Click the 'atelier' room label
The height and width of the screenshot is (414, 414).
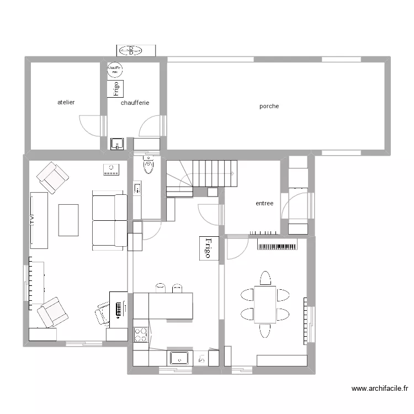pyautogui.click(x=66, y=103)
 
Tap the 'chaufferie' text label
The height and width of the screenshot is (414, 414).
pyautogui.click(x=135, y=103)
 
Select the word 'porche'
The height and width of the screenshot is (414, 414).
pyautogui.click(x=269, y=106)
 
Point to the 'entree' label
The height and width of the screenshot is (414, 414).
pyautogui.click(x=264, y=203)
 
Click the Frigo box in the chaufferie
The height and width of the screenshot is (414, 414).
pyautogui.click(x=115, y=88)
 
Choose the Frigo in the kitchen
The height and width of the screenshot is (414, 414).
pyautogui.click(x=209, y=248)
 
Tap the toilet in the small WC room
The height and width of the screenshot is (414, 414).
pyautogui.click(x=148, y=164)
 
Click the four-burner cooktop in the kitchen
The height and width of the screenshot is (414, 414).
pyautogui.click(x=141, y=335)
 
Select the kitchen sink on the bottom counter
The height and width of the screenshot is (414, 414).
pyautogui.click(x=179, y=358)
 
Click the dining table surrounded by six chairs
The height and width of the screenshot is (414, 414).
pyautogui.click(x=265, y=304)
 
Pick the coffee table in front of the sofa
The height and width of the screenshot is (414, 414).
pyautogui.click(x=68, y=220)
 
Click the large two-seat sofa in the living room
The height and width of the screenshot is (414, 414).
pyautogui.click(x=109, y=220)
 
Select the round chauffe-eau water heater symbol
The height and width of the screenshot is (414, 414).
pyautogui.click(x=115, y=70)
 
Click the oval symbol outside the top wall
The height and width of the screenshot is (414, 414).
pyautogui.click(x=130, y=50)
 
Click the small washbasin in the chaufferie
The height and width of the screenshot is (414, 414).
pyautogui.click(x=116, y=144)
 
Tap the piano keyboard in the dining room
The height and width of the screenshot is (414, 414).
pyautogui.click(x=278, y=245)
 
